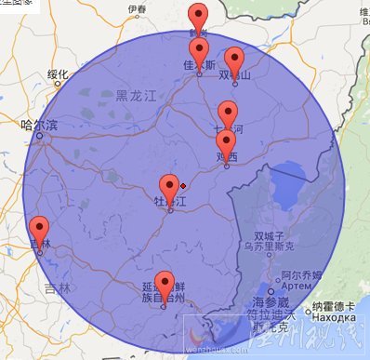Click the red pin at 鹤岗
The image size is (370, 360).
(198, 16)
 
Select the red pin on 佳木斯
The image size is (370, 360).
(199, 51)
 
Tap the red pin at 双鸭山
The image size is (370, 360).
(234, 60)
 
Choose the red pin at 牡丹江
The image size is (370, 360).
(169, 187)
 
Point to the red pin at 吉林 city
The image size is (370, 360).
(39, 228)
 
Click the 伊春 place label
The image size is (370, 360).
(137, 9)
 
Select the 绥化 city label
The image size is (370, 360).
(59, 74)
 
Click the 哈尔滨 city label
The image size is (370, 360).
(39, 124)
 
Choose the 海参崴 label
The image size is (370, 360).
(271, 302)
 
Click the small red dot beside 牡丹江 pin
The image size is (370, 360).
(183, 185)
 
